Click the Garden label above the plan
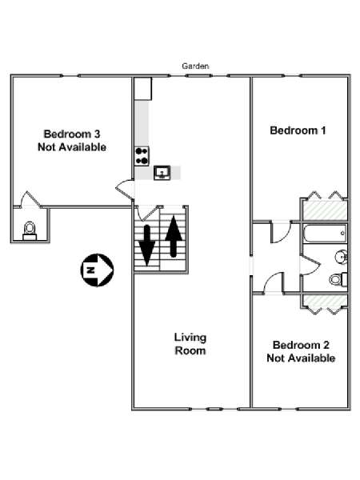pyautogui.click(x=195, y=66)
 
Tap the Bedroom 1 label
pyautogui.click(x=298, y=130)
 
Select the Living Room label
pyautogui.click(x=190, y=344)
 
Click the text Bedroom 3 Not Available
pyautogui.click(x=72, y=141)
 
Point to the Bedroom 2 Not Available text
pyautogui.click(x=301, y=351)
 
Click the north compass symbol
pyautogui.click(x=97, y=270)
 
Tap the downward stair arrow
pyautogui.click(x=147, y=245)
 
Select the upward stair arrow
pyautogui.click(x=174, y=236)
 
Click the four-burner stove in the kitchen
pyautogui.click(x=142, y=156)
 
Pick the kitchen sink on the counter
pyautogui.click(x=162, y=173)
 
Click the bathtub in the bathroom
pyautogui.click(x=325, y=234)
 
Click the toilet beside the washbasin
pyautogui.click(x=338, y=279)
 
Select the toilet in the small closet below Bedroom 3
pyautogui.click(x=30, y=231)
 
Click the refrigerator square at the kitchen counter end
pyautogui.click(x=143, y=89)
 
